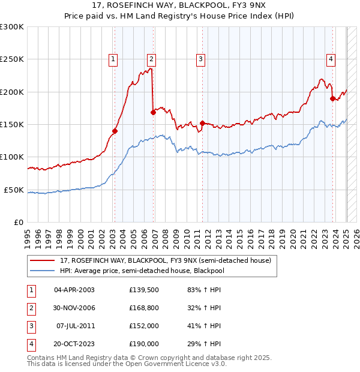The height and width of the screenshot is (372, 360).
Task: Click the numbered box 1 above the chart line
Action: [x=113, y=59]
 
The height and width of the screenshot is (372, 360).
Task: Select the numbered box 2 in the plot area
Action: [x=152, y=59]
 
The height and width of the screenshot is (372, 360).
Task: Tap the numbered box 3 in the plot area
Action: [x=200, y=59]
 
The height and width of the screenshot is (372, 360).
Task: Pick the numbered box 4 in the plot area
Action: [x=331, y=59]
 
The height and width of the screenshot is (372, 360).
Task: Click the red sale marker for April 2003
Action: [x=115, y=131]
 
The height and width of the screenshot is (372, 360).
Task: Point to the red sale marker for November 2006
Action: [x=154, y=112]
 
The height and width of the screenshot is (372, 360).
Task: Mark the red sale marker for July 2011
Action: [x=202, y=123]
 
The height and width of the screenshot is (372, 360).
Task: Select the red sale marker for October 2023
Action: [x=332, y=98]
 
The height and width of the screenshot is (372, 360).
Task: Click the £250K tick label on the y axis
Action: [x=12, y=59]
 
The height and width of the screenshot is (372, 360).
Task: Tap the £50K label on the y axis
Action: [x=14, y=190]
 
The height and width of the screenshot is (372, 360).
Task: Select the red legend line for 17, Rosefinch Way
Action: [x=43, y=260]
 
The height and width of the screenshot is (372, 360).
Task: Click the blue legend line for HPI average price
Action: [x=43, y=270]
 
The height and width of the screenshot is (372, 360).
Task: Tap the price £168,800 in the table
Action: [x=143, y=308]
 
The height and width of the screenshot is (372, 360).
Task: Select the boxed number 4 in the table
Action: [x=29, y=344]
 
